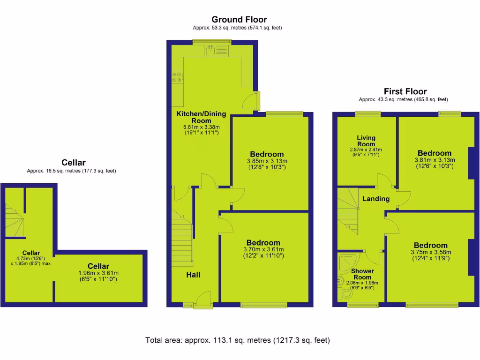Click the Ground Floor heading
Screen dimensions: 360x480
coord(239,20)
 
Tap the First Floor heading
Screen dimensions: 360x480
coord(405,91)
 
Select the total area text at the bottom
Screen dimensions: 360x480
coord(238,340)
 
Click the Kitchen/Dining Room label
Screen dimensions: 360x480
coord(201,117)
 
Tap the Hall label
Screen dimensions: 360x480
coord(193,275)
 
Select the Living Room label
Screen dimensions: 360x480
coord(366,141)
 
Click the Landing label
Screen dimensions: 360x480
coord(376,199)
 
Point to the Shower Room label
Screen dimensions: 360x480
coord(362,274)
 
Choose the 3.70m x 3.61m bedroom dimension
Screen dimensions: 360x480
coord(263,249)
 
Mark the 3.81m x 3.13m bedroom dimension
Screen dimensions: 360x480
coord(435,159)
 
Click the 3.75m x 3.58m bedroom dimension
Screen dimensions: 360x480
coord(430,252)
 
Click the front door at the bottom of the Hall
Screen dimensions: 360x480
coord(203,300)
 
